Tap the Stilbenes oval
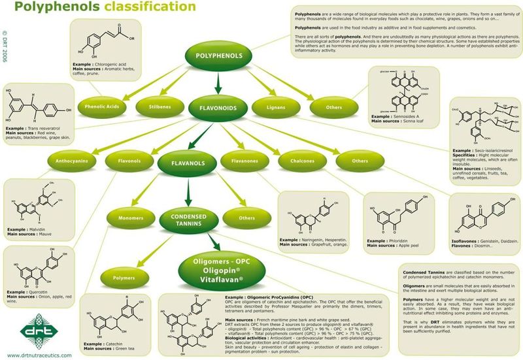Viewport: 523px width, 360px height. (x=157, y=106)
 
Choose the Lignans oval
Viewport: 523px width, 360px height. (x=277, y=106)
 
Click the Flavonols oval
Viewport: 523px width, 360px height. (x=128, y=159)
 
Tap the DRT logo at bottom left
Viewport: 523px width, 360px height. (x=31, y=329)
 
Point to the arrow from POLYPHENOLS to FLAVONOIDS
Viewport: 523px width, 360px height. (x=218, y=82)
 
